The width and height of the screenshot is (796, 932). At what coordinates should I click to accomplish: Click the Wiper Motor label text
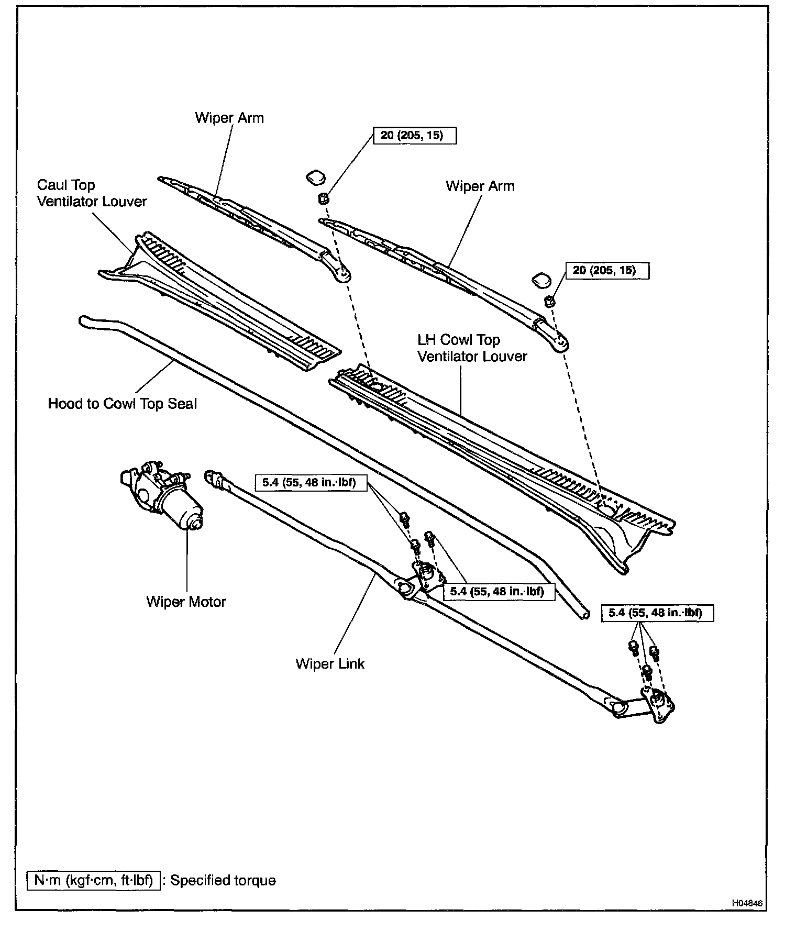[186, 601]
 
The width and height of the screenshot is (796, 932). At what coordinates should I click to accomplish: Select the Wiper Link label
[330, 663]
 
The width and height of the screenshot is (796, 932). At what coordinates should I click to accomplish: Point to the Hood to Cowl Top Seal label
[123, 404]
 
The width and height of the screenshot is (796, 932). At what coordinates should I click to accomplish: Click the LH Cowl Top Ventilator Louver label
[472, 348]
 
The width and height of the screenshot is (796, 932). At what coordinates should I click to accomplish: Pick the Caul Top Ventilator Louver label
[92, 193]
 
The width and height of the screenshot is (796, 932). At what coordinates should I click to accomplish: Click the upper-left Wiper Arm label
[229, 118]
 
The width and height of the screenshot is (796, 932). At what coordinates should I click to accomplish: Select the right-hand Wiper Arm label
[480, 186]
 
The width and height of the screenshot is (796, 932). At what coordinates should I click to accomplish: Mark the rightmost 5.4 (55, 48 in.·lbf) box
[657, 612]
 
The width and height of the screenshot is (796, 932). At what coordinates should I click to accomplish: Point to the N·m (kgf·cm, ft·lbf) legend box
[93, 880]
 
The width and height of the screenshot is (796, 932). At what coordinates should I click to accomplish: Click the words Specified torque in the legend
[223, 880]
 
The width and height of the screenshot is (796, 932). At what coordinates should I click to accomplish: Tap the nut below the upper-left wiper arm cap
[323, 198]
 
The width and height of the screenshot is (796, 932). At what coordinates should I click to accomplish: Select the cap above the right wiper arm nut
[540, 280]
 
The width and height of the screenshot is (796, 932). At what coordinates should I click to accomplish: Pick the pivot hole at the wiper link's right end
[618, 707]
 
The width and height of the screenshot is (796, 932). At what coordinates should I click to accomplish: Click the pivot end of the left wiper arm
[342, 273]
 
